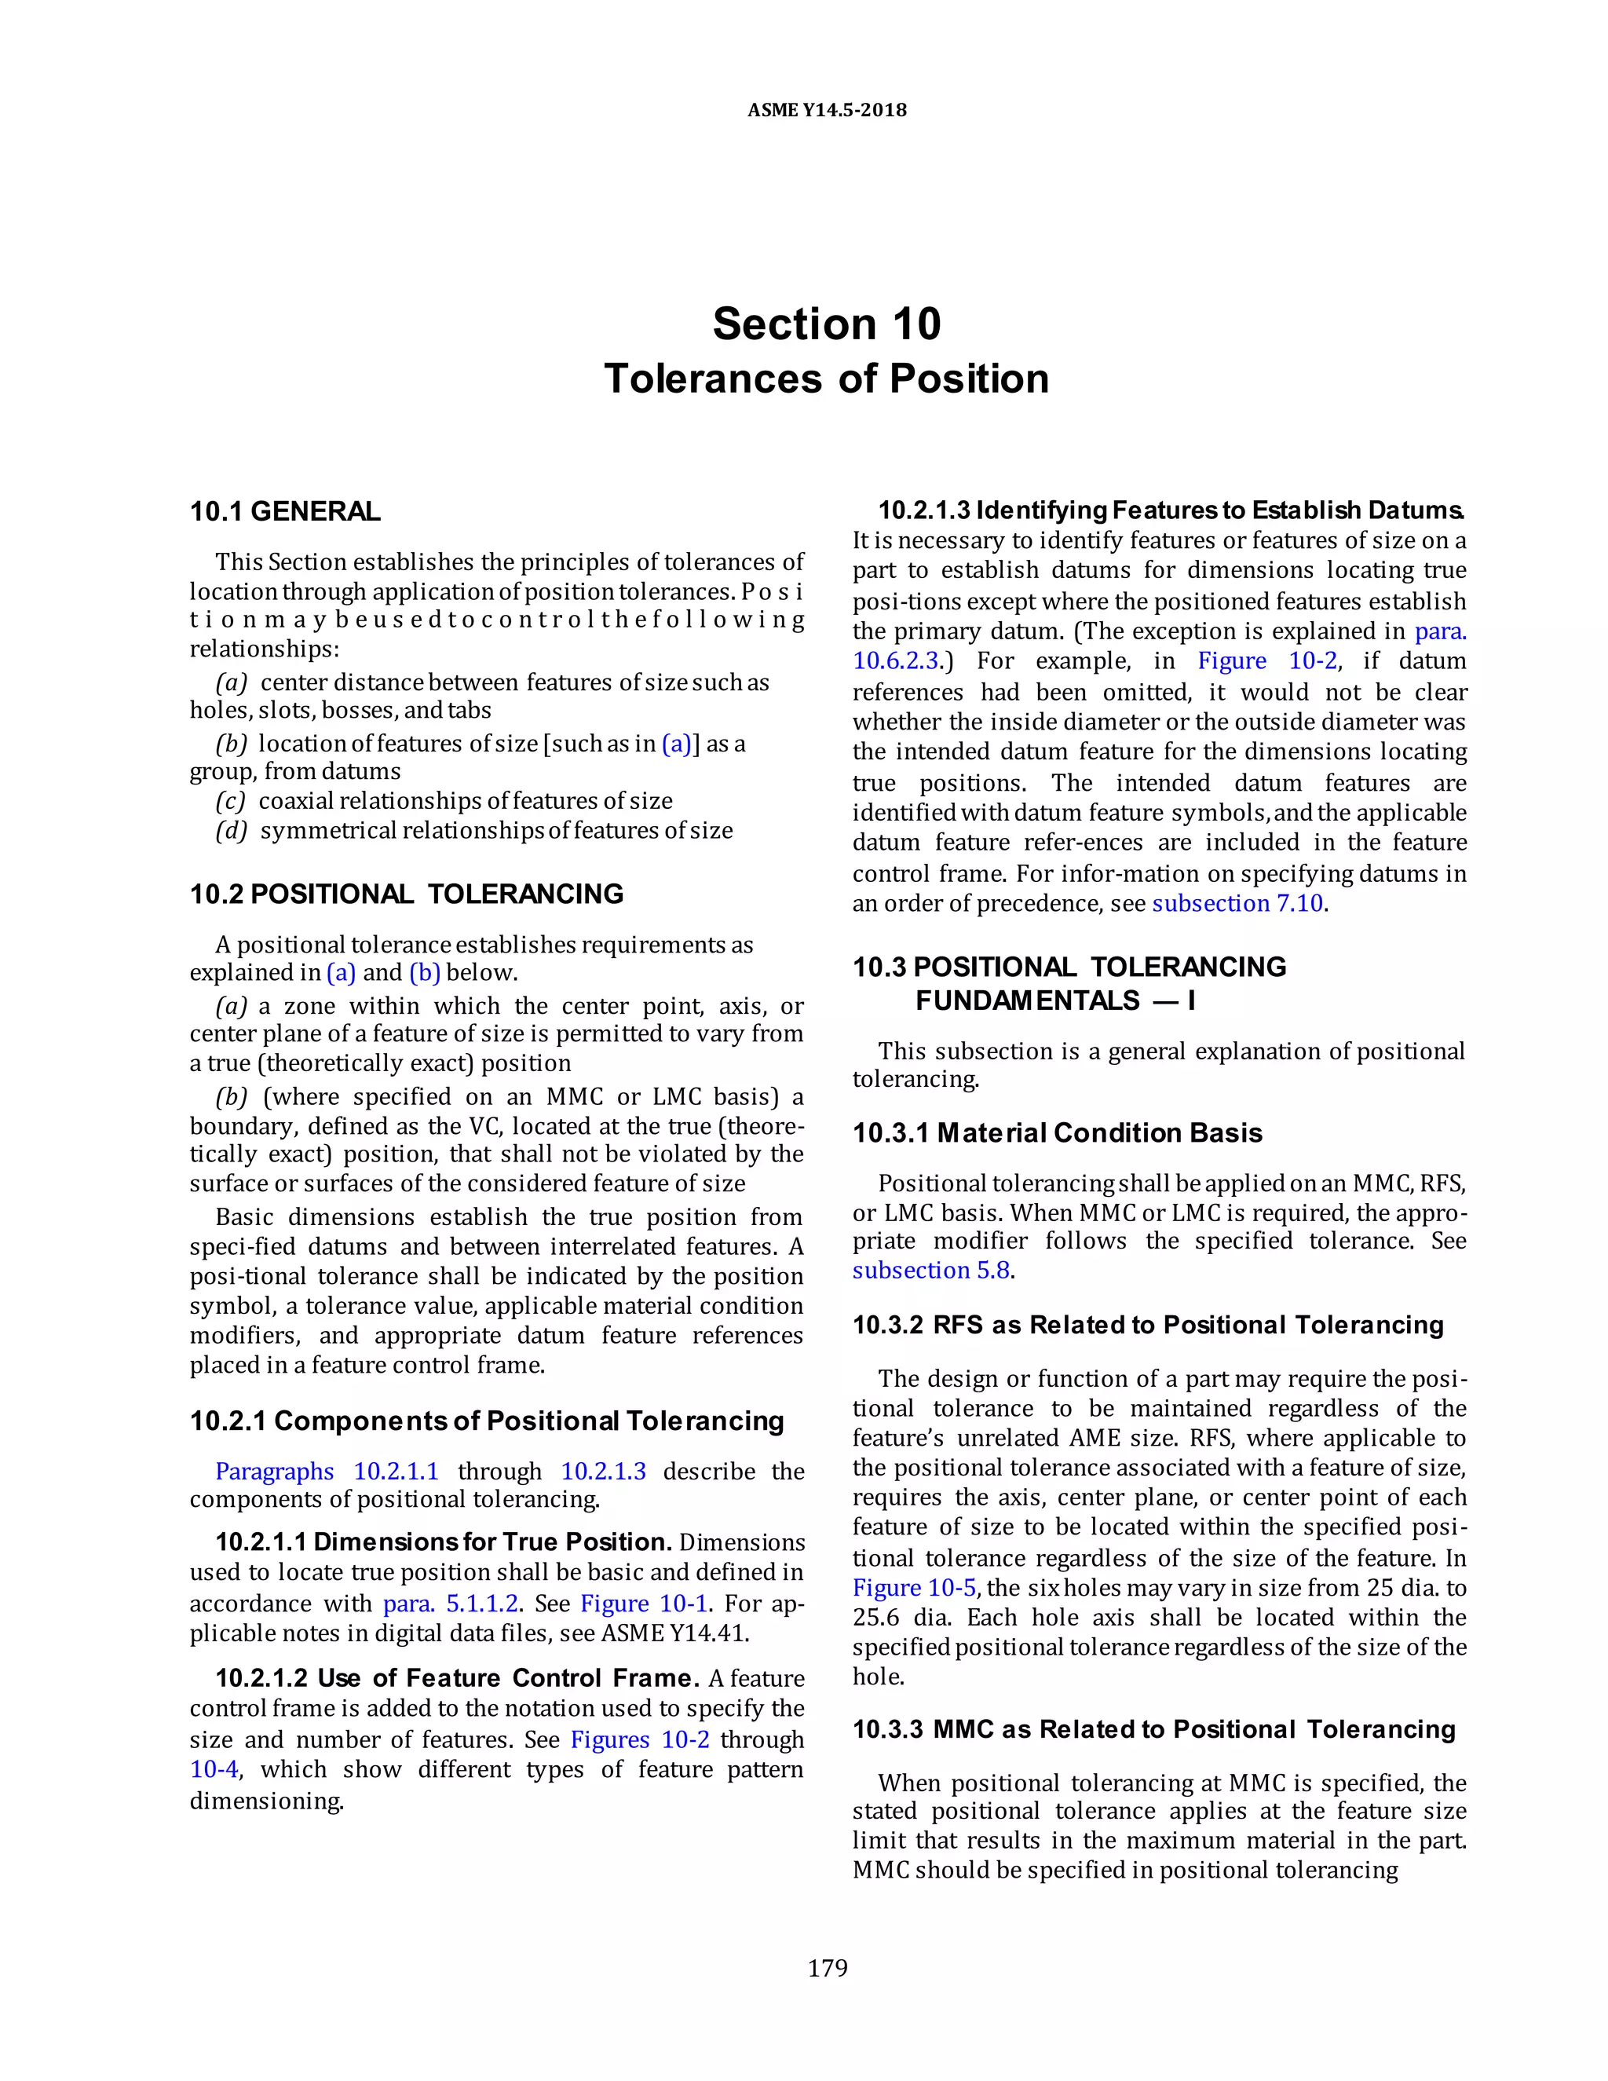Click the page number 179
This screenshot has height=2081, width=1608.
pos(827,1968)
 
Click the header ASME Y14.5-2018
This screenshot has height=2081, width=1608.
pos(827,110)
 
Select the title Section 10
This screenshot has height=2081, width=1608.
pos(827,324)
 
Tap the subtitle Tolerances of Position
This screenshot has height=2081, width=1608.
pos(827,379)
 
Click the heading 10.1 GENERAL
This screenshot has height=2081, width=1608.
pos(285,512)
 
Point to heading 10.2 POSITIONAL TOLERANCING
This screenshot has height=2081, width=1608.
pos(407,894)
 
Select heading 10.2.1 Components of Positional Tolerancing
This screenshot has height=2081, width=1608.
pos(486,1421)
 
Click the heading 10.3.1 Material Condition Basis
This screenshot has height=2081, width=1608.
pos(1058,1133)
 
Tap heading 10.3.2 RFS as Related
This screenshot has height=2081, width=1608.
pos(1148,1325)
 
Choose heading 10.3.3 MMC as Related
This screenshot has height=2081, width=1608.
pos(1153,1729)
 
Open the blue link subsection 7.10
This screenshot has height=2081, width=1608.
pos(1237,903)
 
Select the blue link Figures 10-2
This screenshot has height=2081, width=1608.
pos(640,1740)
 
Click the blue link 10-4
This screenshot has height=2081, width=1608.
pos(214,1769)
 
